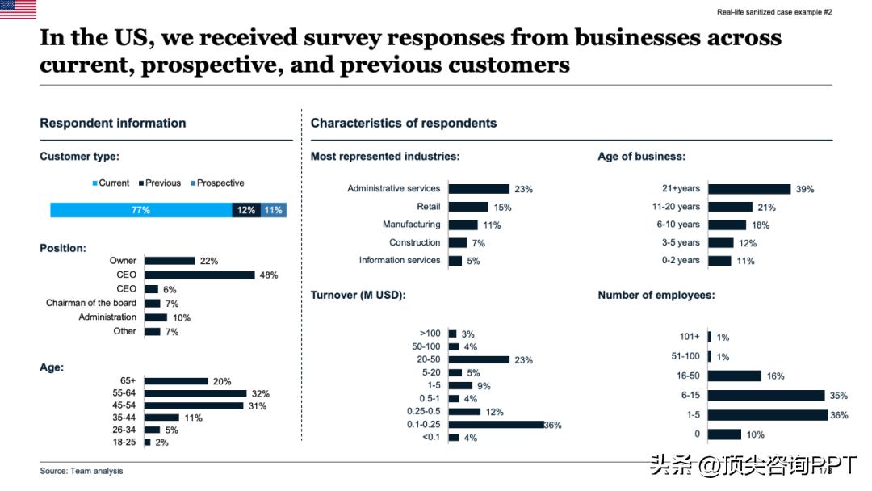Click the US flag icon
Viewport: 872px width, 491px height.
coord(18,10)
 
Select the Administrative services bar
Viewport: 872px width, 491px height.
coord(479,189)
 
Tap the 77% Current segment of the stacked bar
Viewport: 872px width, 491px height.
coord(141,210)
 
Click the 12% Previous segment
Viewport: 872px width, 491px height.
coord(246,210)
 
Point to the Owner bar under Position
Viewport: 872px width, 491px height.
coord(170,261)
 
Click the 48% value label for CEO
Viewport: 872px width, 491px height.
coord(269,275)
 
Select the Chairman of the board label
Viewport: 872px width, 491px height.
coord(91,303)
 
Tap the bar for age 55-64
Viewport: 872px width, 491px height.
coord(195,393)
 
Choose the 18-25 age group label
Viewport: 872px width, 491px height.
coord(124,442)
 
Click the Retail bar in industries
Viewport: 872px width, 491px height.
coord(468,207)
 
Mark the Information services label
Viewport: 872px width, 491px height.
coord(400,260)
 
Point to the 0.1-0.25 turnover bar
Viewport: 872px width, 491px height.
coord(497,424)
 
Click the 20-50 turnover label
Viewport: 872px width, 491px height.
coord(429,359)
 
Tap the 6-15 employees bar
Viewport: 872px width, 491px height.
coord(766,396)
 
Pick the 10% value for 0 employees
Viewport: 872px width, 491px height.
coord(755,435)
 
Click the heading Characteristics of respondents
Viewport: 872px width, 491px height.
coord(404,124)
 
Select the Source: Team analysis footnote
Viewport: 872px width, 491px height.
coord(82,471)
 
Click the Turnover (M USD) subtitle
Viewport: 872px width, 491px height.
coord(358,296)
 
